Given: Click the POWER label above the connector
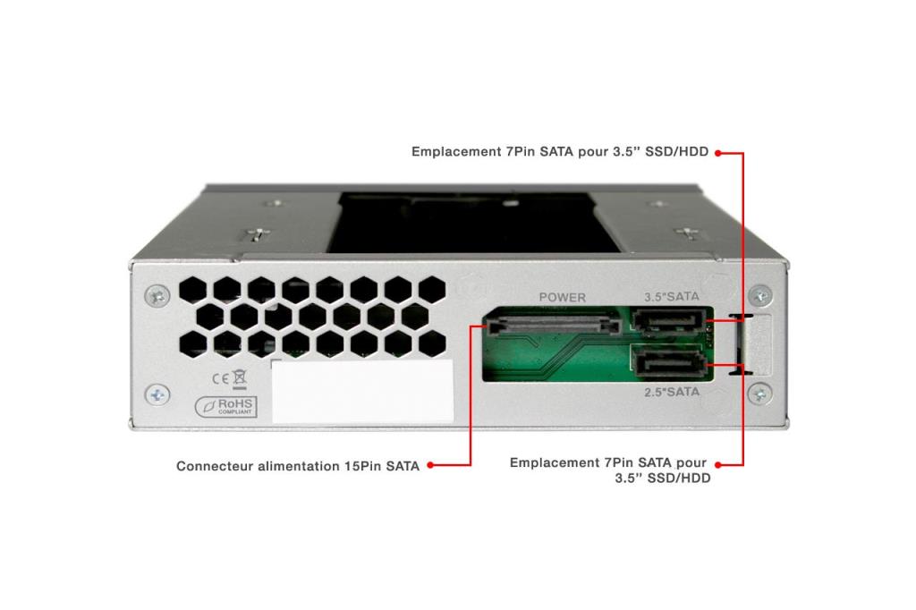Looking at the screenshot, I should [x=562, y=297].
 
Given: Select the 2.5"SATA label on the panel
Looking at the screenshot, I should [x=672, y=392].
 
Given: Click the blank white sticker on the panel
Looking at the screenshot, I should [x=361, y=392].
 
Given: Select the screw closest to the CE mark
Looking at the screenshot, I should [x=157, y=393].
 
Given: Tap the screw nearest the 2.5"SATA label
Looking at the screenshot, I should [x=760, y=392].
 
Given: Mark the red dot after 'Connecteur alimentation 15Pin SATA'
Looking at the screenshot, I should [x=430, y=466].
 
